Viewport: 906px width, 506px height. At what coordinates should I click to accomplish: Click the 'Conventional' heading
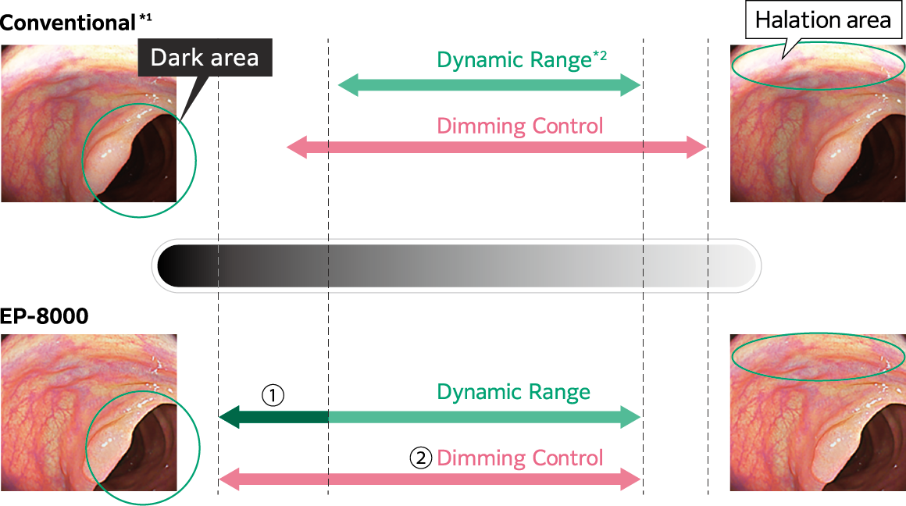coord(68,23)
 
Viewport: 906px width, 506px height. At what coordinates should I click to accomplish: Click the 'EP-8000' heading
coord(45,316)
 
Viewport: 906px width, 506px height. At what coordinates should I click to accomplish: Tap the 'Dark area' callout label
coord(204,58)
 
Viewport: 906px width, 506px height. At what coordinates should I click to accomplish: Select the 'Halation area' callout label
coord(823,20)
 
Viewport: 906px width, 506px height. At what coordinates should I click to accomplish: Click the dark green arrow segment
coord(273,418)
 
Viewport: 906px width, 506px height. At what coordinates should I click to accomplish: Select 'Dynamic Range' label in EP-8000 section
coord(513,392)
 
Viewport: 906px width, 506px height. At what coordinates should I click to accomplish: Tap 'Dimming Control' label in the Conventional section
coord(519,126)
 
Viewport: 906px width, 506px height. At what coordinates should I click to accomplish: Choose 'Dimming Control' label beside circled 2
coord(519,458)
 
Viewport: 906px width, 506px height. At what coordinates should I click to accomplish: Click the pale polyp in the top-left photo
coord(105,160)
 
